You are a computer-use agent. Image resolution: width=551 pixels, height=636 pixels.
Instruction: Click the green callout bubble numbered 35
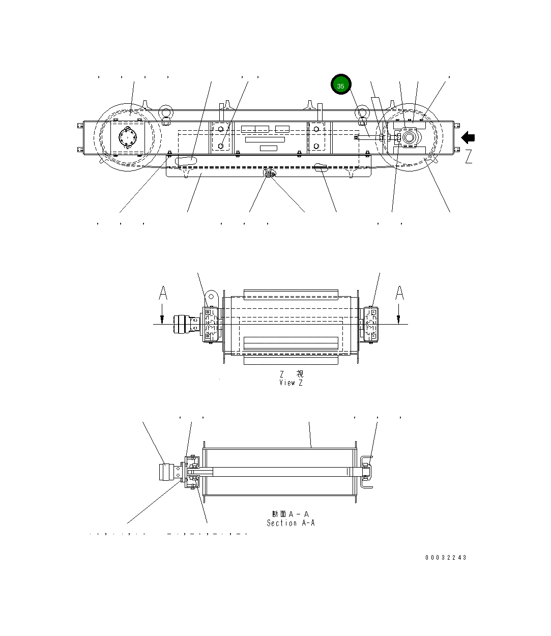[x=340, y=85]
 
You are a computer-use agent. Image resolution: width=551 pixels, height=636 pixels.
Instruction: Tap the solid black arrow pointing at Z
[x=468, y=137]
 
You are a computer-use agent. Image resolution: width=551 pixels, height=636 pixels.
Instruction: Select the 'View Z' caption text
[x=291, y=383]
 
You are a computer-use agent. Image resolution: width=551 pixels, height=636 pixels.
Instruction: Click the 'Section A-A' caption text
[x=291, y=523]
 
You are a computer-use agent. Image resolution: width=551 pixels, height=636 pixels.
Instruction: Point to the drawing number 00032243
[x=446, y=558]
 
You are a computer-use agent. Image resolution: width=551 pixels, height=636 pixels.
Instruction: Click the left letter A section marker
[x=162, y=294]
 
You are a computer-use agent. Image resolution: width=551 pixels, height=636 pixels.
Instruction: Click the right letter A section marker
[x=400, y=294]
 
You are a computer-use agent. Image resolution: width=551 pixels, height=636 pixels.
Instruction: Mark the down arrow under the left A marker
[x=162, y=315]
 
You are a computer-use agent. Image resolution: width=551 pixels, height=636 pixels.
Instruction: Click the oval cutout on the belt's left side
[x=184, y=160]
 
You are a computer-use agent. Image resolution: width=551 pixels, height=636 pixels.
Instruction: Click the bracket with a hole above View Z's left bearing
[x=211, y=297]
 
